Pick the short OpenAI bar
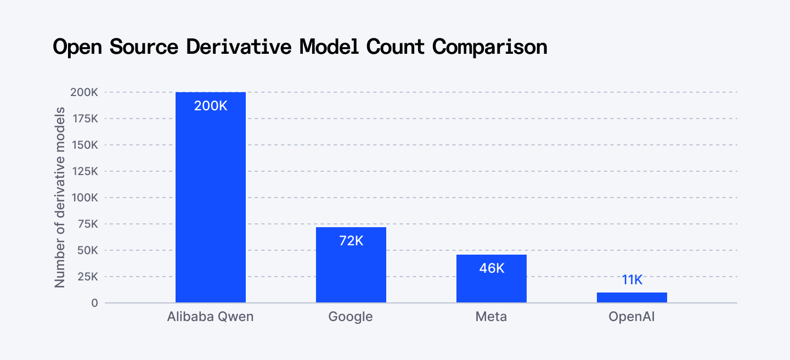click(x=632, y=297)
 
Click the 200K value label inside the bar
click(x=211, y=106)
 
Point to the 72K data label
click(x=351, y=240)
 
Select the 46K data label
click(x=492, y=268)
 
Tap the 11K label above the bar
click(x=632, y=280)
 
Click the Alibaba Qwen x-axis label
click(x=211, y=317)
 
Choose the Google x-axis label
click(x=351, y=317)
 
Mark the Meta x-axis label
click(x=492, y=317)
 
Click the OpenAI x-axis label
click(x=632, y=317)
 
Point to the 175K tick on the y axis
click(x=84, y=119)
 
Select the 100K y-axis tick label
click(x=84, y=198)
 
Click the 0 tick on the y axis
click(x=95, y=303)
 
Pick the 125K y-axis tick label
click(x=84, y=171)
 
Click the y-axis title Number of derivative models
click(x=60, y=198)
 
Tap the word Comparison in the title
click(x=490, y=47)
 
